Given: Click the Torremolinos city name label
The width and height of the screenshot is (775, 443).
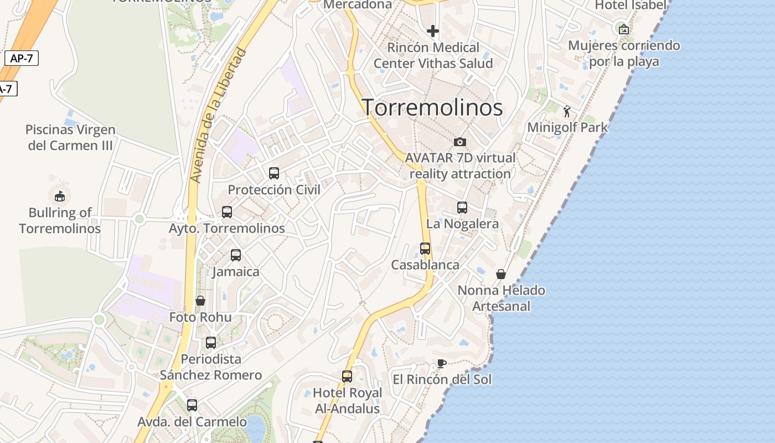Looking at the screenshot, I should click(x=432, y=107).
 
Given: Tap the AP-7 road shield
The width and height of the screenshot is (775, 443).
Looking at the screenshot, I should click(x=22, y=58).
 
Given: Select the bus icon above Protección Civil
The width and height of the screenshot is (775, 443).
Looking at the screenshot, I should click(x=274, y=173).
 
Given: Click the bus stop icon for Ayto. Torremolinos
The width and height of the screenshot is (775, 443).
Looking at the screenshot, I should click(x=227, y=212).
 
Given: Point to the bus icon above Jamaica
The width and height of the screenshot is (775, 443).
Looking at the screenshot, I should click(x=236, y=255).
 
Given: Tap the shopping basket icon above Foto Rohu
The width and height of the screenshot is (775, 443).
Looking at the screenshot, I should click(x=200, y=301).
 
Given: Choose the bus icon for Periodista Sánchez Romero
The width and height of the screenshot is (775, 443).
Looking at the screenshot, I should click(x=211, y=343).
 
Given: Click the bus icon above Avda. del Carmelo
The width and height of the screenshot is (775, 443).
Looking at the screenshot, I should click(x=192, y=405).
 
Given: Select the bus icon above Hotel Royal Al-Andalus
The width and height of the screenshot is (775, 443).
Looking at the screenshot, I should click(x=347, y=377).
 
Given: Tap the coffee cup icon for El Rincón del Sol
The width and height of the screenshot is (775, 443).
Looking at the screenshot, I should click(x=441, y=364).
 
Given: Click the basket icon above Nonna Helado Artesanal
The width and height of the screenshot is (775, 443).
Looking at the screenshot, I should click(x=501, y=274).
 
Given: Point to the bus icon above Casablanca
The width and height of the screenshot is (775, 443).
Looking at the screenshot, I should click(x=425, y=249).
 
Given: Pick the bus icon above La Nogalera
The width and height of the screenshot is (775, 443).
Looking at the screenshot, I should click(x=462, y=208).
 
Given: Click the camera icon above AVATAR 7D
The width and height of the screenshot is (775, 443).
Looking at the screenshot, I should click(x=460, y=142).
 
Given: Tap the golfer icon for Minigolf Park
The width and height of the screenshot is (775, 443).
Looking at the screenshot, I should click(x=567, y=112).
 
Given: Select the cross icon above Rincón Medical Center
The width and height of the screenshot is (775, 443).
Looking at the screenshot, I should click(x=433, y=31).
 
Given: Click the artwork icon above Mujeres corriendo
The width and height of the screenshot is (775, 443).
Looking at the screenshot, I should click(x=624, y=29).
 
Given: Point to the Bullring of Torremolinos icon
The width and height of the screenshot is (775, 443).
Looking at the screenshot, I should click(x=60, y=196).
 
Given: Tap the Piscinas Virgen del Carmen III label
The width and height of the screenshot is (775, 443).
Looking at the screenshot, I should click(x=70, y=137).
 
